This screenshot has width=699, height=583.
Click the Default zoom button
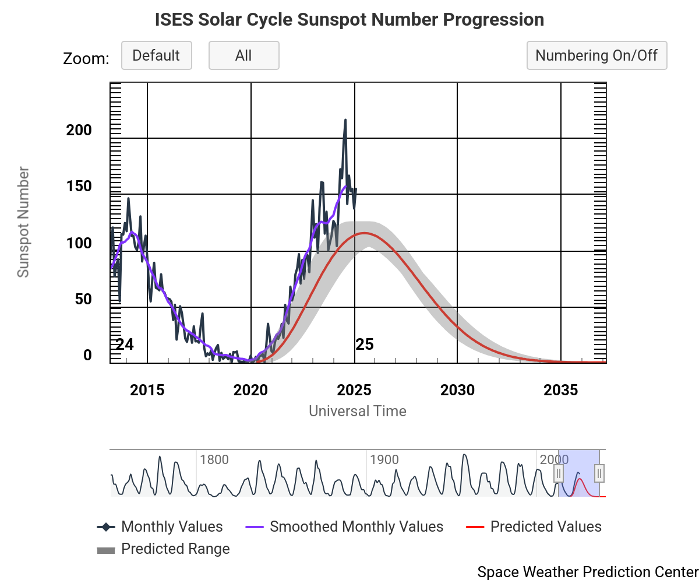(x=156, y=55)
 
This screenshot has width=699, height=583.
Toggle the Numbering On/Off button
(x=596, y=55)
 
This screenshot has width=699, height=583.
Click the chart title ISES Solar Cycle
(x=349, y=20)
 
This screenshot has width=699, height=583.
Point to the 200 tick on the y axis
(x=79, y=130)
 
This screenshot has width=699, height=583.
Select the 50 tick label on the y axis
(x=83, y=299)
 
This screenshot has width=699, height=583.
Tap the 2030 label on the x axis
(x=457, y=390)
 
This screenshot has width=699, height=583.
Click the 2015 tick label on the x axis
(x=147, y=390)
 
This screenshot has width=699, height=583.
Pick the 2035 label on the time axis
(x=560, y=390)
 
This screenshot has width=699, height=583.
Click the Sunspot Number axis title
(x=23, y=222)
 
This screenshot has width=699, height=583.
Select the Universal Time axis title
(x=358, y=411)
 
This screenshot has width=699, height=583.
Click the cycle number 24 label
(x=125, y=345)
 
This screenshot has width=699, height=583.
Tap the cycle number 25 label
(x=365, y=345)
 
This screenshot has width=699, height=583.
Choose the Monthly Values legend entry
(x=172, y=527)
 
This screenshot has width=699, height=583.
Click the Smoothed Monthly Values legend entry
(x=356, y=527)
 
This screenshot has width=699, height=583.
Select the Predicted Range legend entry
(x=175, y=549)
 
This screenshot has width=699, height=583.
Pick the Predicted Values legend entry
(x=545, y=527)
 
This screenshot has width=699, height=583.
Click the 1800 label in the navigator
(x=214, y=459)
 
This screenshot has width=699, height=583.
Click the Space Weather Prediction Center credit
(x=587, y=572)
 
